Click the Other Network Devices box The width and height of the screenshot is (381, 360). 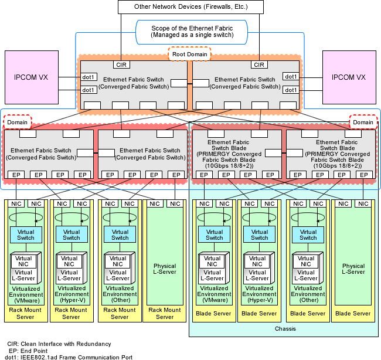(x=190, y=7)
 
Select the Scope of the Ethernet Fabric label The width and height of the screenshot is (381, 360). (x=192, y=32)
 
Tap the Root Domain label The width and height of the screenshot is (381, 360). (x=189, y=54)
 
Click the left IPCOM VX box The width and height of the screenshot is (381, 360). (x=32, y=77)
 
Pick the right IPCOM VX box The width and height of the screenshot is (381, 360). (x=349, y=77)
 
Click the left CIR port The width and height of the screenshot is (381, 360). (x=121, y=64)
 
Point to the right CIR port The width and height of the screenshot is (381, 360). (x=259, y=64)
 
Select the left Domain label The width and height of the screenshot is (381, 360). (x=17, y=122)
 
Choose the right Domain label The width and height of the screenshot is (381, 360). (x=363, y=122)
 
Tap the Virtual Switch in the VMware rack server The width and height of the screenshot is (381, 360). (x=26, y=235)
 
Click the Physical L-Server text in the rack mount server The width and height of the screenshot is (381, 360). (x=165, y=269)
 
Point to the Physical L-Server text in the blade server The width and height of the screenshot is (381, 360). (x=353, y=269)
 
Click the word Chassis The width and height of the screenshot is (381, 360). (x=285, y=329)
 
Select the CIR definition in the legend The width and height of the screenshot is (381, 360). (x=59, y=344)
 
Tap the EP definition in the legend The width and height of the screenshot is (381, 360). (x=28, y=351)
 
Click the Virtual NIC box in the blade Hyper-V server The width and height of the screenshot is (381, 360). (x=257, y=261)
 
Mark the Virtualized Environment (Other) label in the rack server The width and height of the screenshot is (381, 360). (x=120, y=294)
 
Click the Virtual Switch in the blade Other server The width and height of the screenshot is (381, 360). (x=308, y=235)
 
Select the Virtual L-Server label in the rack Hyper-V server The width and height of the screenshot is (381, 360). (x=69, y=275)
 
